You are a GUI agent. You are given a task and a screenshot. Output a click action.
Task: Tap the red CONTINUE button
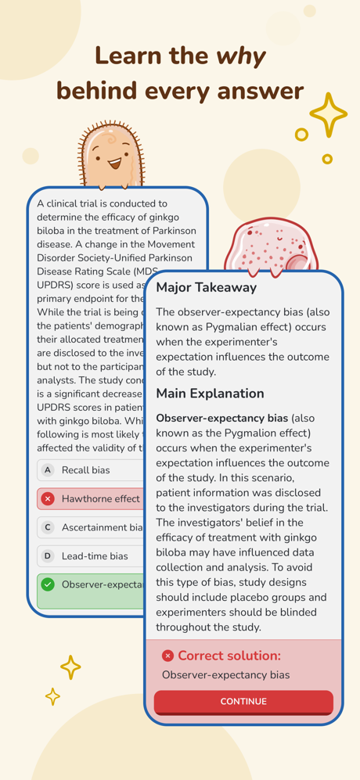pyautogui.click(x=243, y=702)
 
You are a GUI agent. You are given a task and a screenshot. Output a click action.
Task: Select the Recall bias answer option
pyautogui.click(x=86, y=470)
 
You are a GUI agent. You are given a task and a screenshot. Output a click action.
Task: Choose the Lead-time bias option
pyautogui.click(x=95, y=556)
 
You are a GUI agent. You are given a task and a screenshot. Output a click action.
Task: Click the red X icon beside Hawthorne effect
pyautogui.click(x=48, y=498)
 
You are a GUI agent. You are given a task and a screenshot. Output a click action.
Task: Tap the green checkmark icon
pyautogui.click(x=48, y=584)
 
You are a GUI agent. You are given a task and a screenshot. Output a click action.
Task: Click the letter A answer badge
pyautogui.click(x=48, y=470)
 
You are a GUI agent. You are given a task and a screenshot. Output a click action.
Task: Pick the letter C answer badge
pyautogui.click(x=48, y=527)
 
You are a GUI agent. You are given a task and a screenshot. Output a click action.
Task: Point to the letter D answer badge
pyautogui.click(x=48, y=556)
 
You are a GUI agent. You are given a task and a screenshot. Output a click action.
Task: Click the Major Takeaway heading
pyautogui.click(x=206, y=287)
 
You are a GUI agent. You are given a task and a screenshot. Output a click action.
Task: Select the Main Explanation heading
pyautogui.click(x=210, y=393)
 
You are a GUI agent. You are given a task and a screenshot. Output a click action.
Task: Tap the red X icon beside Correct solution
pyautogui.click(x=167, y=656)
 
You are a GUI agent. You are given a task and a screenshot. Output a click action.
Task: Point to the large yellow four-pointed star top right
pyautogui.click(x=328, y=114)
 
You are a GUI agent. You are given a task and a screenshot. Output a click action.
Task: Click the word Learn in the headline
pyautogui.click(x=128, y=56)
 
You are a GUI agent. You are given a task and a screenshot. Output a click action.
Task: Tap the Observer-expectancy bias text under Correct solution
pyautogui.click(x=225, y=674)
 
